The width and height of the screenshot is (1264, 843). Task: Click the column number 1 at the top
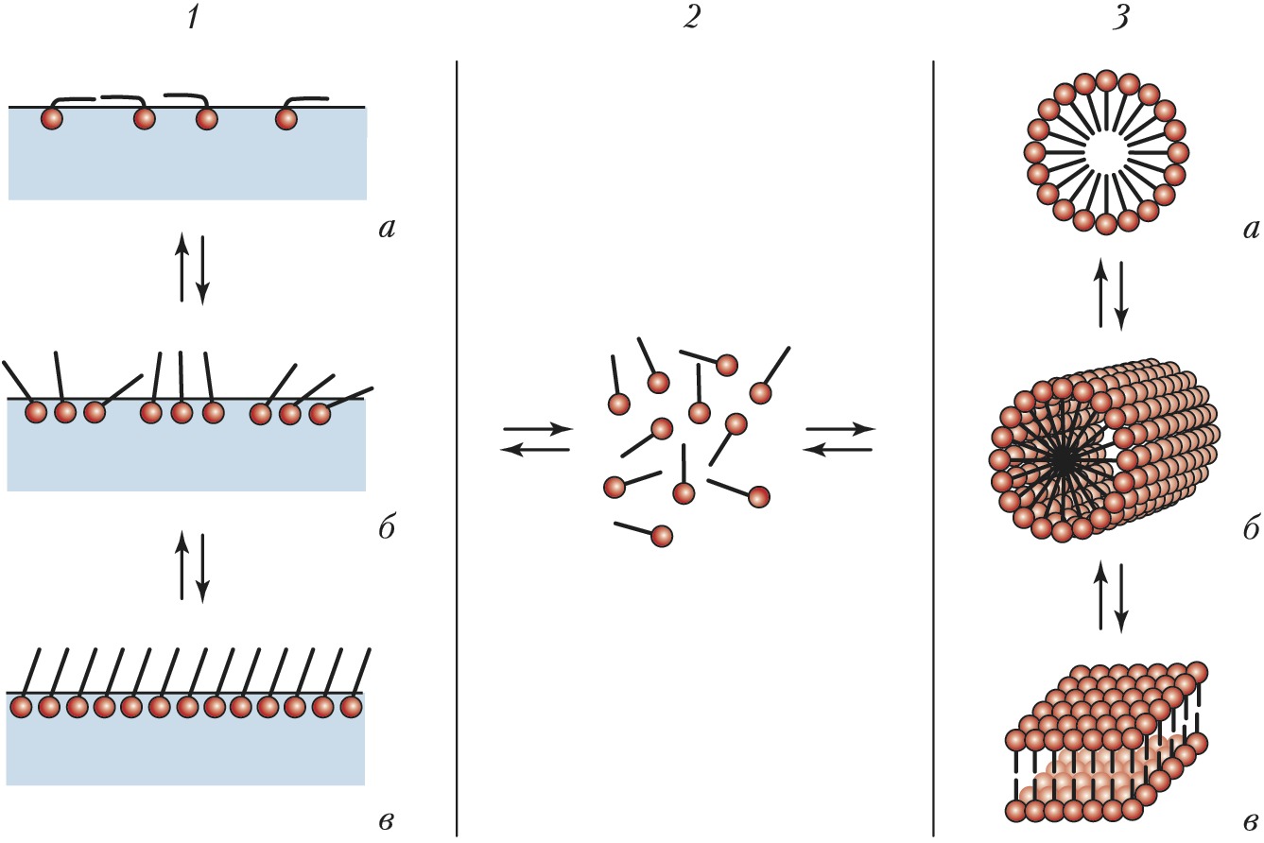pyautogui.click(x=193, y=20)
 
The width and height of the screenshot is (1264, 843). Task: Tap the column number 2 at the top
pyautogui.click(x=694, y=20)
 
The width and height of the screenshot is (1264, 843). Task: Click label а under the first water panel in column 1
pyautogui.click(x=381, y=229)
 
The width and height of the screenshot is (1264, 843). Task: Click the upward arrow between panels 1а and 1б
pyautogui.click(x=182, y=268)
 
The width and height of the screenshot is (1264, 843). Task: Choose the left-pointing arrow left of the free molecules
pyautogui.click(x=534, y=450)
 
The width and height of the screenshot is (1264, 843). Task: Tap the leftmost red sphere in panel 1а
pyautogui.click(x=52, y=119)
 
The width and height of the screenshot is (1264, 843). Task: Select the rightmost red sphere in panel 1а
pyautogui.click(x=286, y=119)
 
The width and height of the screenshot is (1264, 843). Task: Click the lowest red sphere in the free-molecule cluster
pyautogui.click(x=662, y=536)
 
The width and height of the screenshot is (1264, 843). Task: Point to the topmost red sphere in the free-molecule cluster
pyautogui.click(x=726, y=365)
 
